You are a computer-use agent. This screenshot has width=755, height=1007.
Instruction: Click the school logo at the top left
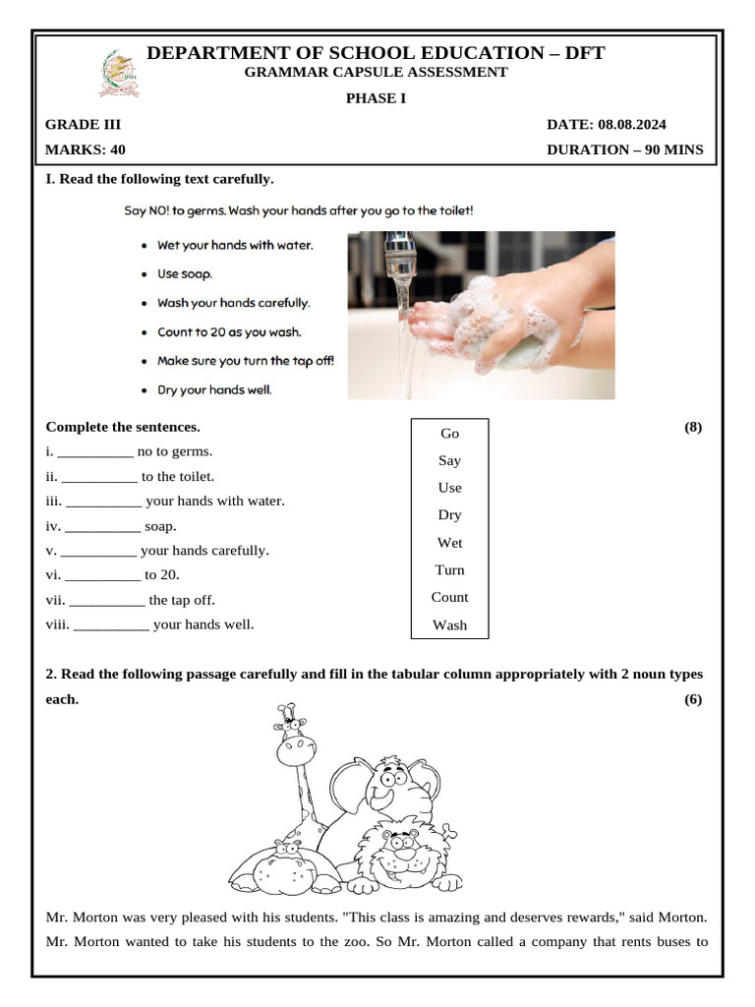point(119,75)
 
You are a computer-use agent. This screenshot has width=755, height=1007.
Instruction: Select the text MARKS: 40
point(86,150)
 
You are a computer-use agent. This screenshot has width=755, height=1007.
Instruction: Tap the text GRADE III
point(84,125)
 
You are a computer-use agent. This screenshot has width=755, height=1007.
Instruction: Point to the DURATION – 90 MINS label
point(624,150)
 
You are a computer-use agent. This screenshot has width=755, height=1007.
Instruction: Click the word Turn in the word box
point(449,570)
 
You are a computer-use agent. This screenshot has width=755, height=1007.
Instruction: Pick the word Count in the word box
point(449,597)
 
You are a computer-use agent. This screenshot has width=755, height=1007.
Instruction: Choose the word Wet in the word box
point(449,543)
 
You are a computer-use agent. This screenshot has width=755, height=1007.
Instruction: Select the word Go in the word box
point(449,434)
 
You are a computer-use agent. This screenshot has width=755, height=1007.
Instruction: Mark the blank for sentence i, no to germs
point(95,452)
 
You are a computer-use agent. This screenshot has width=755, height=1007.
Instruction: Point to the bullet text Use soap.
point(185,274)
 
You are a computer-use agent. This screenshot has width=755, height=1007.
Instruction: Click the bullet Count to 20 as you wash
point(229,332)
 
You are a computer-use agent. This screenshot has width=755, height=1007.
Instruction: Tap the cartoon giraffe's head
point(294,742)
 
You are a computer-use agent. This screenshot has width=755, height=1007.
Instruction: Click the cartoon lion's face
point(397,851)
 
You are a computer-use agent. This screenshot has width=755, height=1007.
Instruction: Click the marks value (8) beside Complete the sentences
point(692,427)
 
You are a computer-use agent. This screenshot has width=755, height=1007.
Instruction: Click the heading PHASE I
point(376,97)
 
